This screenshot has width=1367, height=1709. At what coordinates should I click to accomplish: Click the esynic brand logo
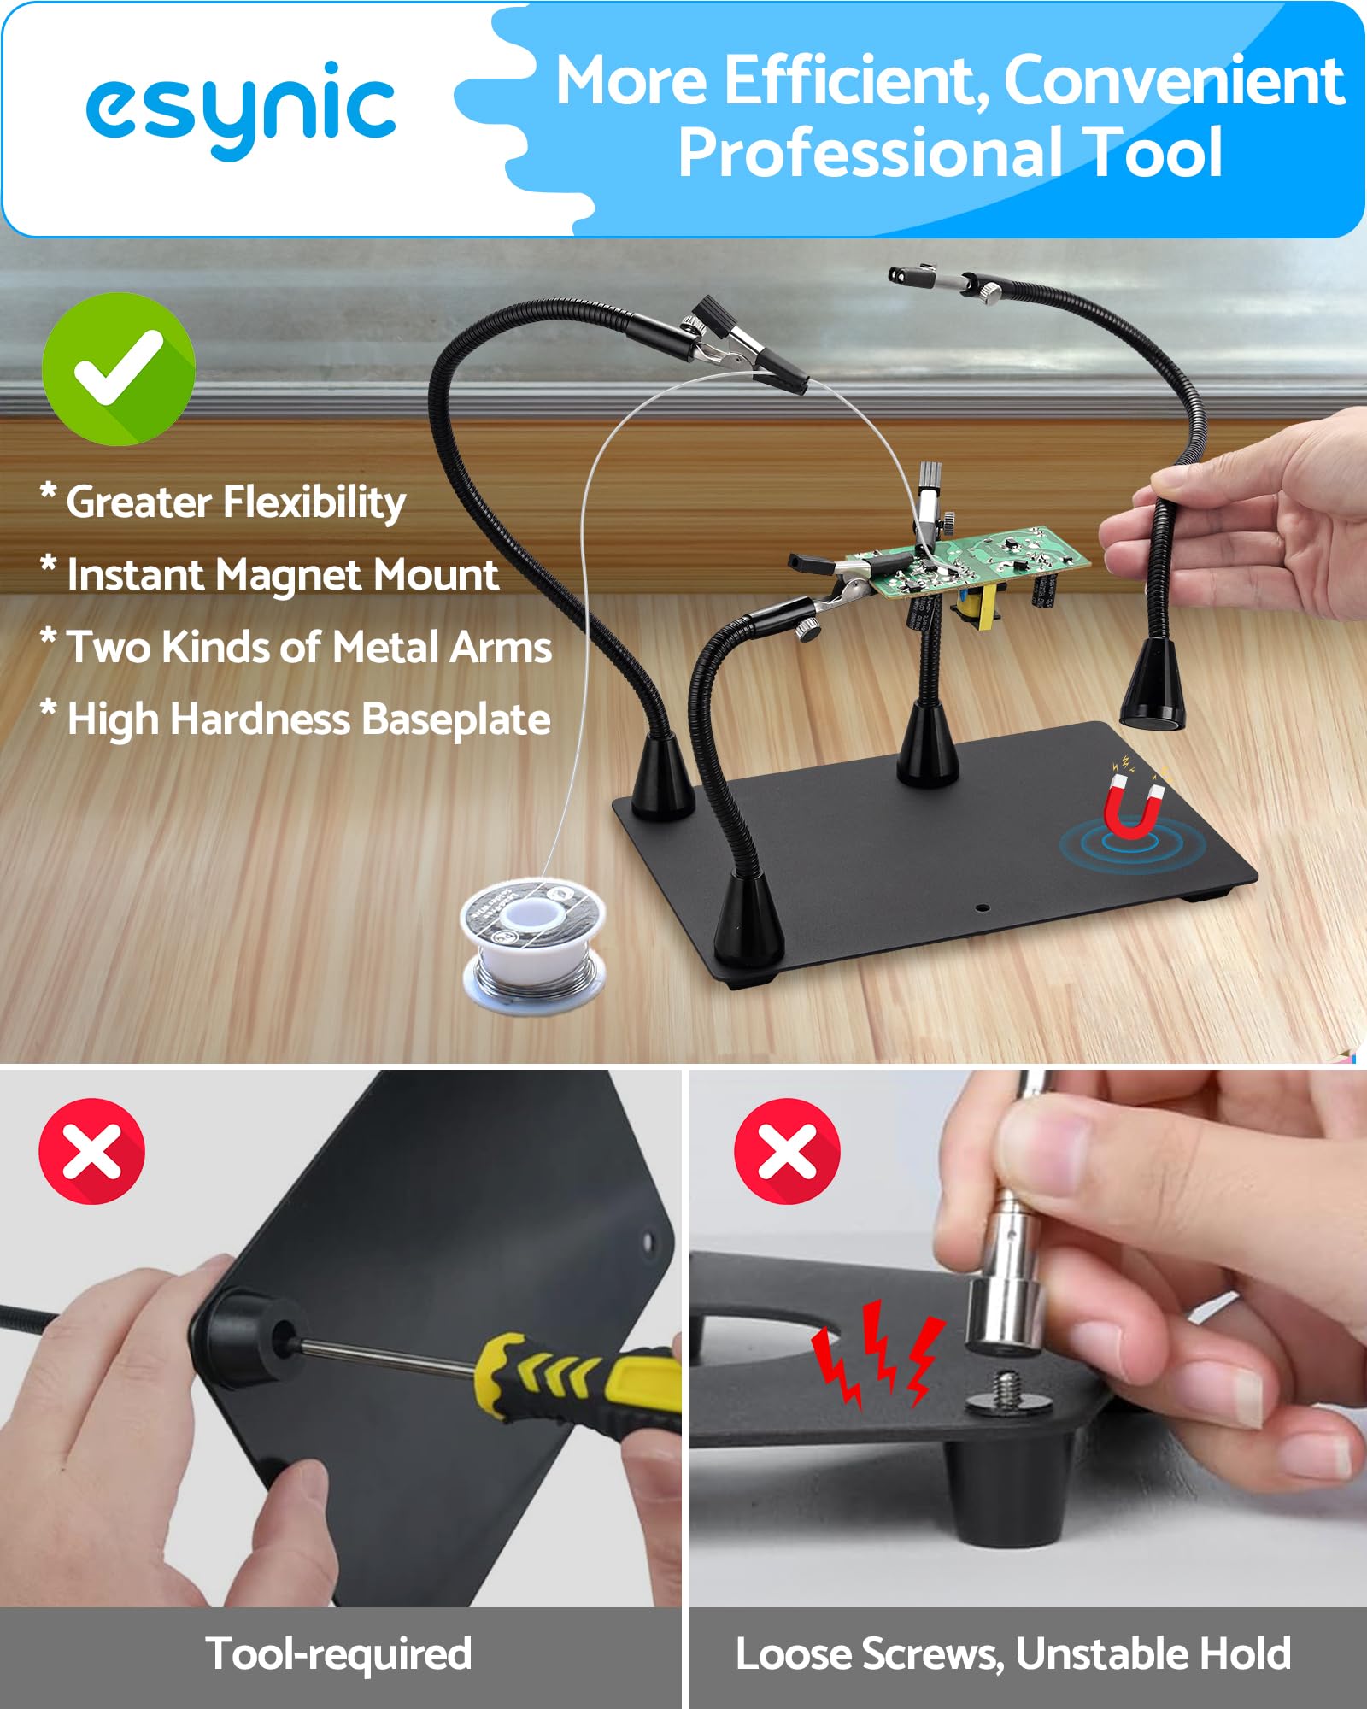point(240,110)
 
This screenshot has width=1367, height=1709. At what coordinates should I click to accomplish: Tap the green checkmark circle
point(119,368)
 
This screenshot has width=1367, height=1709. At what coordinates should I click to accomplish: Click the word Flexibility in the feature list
point(314,503)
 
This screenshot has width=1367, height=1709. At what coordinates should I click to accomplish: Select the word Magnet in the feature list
point(292,574)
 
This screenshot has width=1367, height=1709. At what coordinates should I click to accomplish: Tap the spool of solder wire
point(533,947)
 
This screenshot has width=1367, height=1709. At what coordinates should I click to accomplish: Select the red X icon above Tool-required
point(92,1151)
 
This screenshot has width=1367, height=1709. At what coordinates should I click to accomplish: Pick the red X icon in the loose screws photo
point(787,1151)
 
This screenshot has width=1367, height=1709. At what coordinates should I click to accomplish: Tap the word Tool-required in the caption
point(338,1654)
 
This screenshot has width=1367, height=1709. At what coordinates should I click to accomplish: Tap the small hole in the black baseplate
point(982,907)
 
